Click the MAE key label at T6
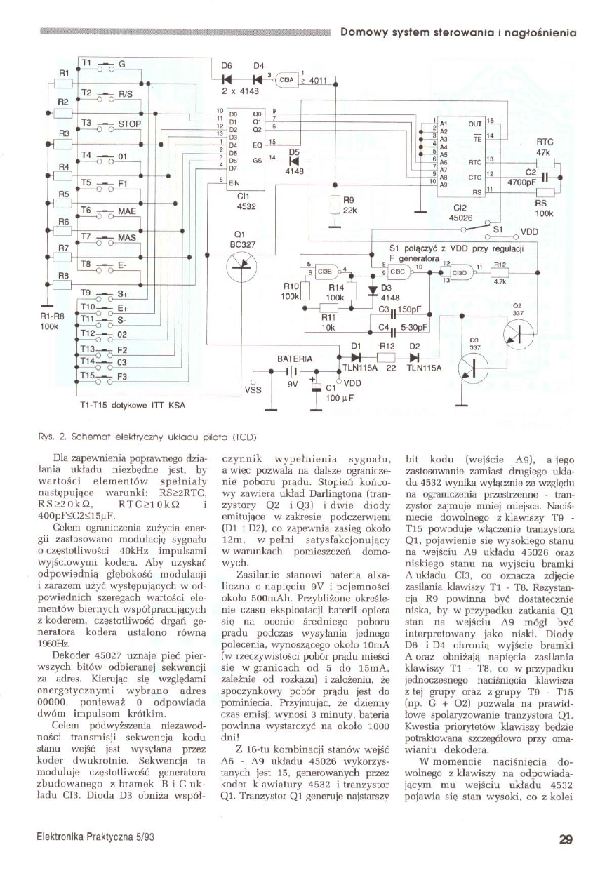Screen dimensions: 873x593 pyautogui.click(x=127, y=210)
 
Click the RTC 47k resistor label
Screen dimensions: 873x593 pyautogui.click(x=545, y=147)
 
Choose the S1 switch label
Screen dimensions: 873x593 pyautogui.click(x=498, y=228)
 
